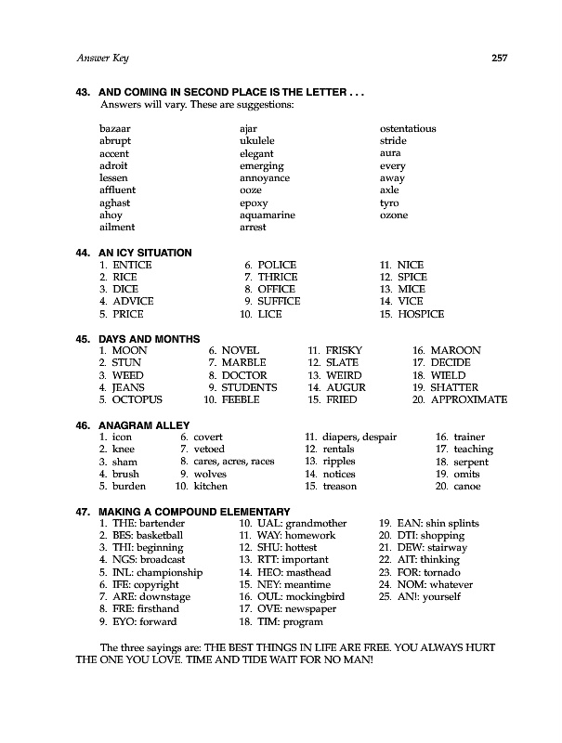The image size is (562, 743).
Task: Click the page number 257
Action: click(497, 59)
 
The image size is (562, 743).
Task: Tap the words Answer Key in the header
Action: click(102, 59)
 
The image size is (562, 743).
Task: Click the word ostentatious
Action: click(408, 129)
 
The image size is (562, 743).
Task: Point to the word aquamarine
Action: click(267, 215)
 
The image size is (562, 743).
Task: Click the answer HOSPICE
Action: click(421, 314)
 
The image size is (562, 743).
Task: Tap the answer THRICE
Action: click(277, 277)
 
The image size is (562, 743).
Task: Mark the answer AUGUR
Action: click(345, 387)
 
